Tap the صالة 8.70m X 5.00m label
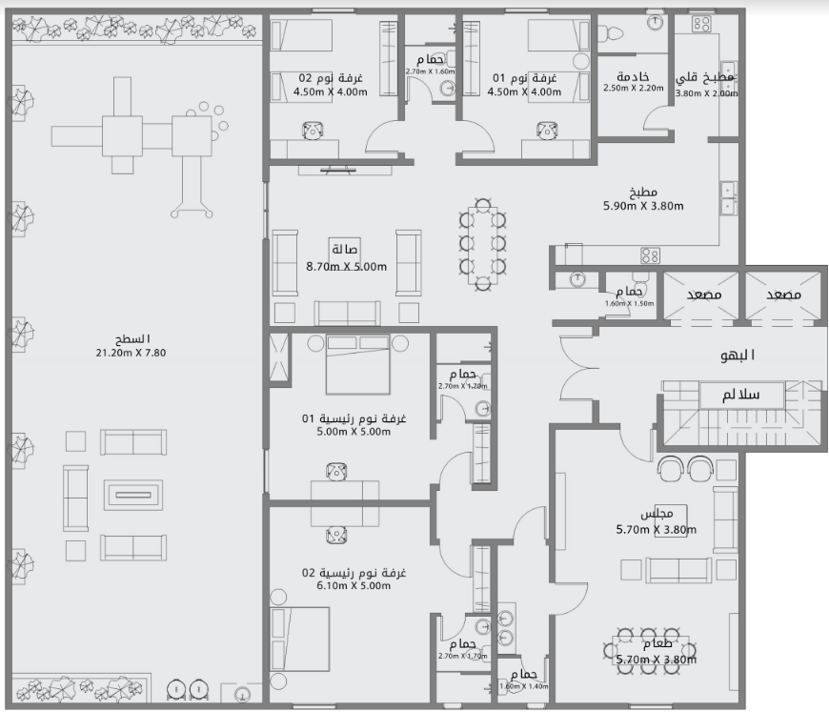(x=346, y=258)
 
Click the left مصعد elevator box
(x=702, y=296)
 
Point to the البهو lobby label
(x=737, y=356)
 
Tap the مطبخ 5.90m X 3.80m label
(x=643, y=197)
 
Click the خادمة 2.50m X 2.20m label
(x=633, y=82)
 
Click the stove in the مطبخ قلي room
(x=702, y=22)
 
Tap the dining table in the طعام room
(x=654, y=650)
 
